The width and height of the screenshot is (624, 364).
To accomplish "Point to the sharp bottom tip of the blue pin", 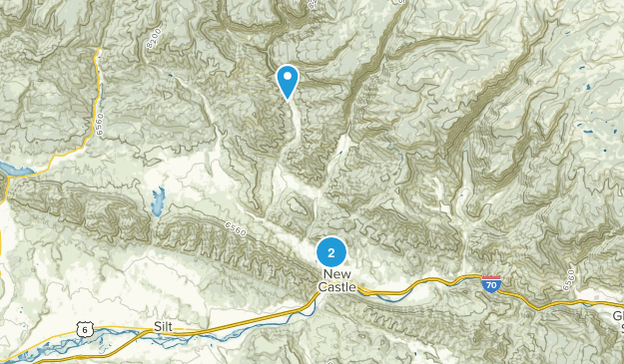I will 288,101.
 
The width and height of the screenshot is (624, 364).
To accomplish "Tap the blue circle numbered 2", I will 330,252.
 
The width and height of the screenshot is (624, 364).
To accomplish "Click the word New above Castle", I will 336,273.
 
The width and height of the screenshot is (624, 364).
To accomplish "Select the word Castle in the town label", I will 336,287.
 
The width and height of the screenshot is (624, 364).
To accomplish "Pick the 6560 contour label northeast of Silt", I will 237,231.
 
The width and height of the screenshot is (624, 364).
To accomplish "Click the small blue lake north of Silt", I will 157,201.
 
